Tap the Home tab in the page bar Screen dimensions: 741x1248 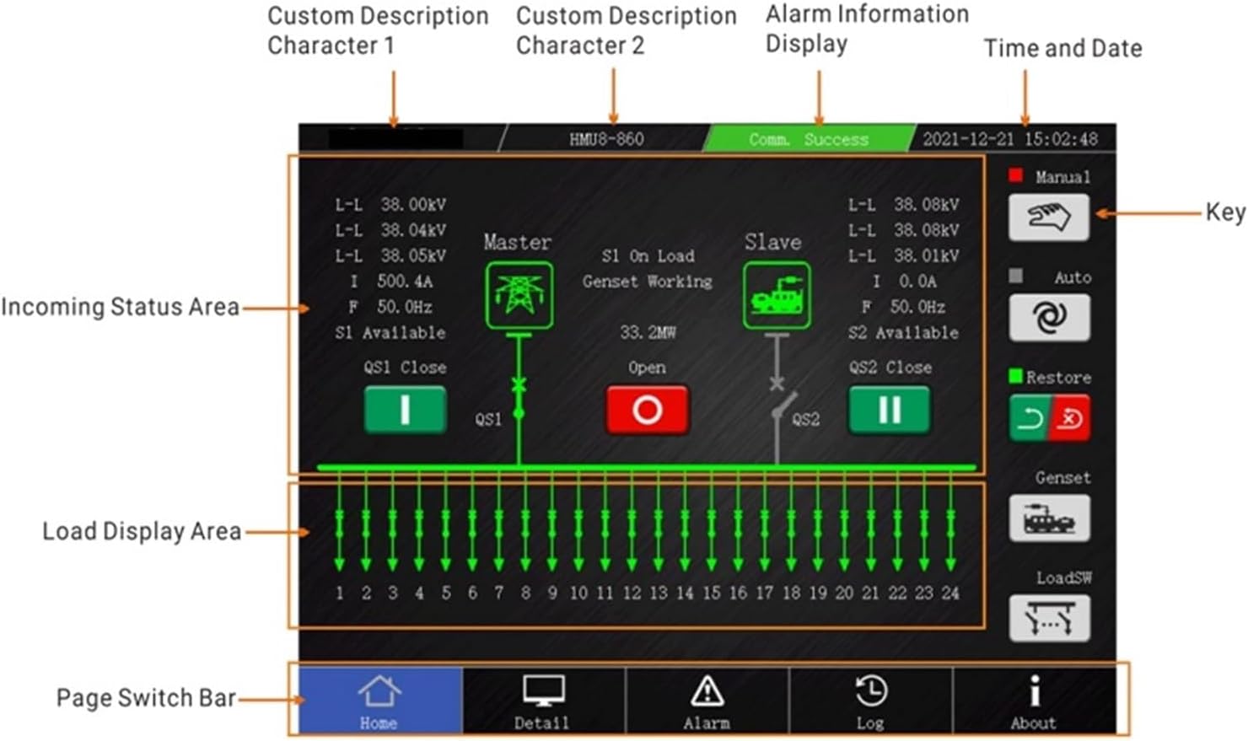point(379,701)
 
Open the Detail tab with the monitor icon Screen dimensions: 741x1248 point(542,701)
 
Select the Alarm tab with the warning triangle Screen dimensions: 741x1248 point(707,701)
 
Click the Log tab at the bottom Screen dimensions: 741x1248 point(870,701)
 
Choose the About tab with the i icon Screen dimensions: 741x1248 point(1034,701)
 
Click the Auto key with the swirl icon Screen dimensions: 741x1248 point(1049,318)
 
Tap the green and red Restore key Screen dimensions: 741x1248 point(1049,418)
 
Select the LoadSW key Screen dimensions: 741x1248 point(1049,619)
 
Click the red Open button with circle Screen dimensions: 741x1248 point(648,411)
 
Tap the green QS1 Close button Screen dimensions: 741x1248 point(405,410)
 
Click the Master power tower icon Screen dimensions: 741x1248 point(519,295)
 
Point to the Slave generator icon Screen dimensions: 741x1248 point(777,295)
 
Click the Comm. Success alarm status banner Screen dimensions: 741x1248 point(809,139)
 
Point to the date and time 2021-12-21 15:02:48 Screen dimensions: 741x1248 point(1010,139)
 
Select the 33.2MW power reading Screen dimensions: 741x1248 point(648,333)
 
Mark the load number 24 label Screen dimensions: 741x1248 point(950,593)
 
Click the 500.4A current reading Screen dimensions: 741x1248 point(405,282)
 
